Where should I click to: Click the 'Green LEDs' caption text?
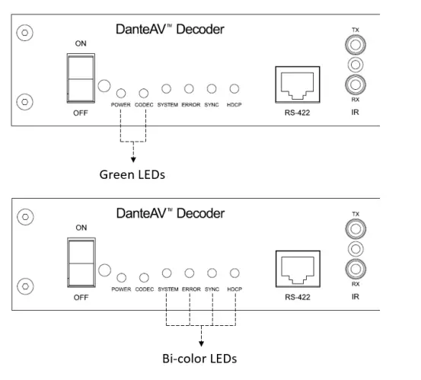point(132,174)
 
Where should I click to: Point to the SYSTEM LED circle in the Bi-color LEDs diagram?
point(167,273)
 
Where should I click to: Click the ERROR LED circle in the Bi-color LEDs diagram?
point(190,273)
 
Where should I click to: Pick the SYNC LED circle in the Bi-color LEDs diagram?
point(212,273)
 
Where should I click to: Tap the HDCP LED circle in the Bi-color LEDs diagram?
point(235,273)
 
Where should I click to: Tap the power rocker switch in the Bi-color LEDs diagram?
point(81,260)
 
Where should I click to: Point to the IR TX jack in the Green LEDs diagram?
point(355,46)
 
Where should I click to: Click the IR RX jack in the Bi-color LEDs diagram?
point(355,268)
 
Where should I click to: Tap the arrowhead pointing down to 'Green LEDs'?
point(134,158)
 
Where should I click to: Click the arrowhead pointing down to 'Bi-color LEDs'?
point(202,341)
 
